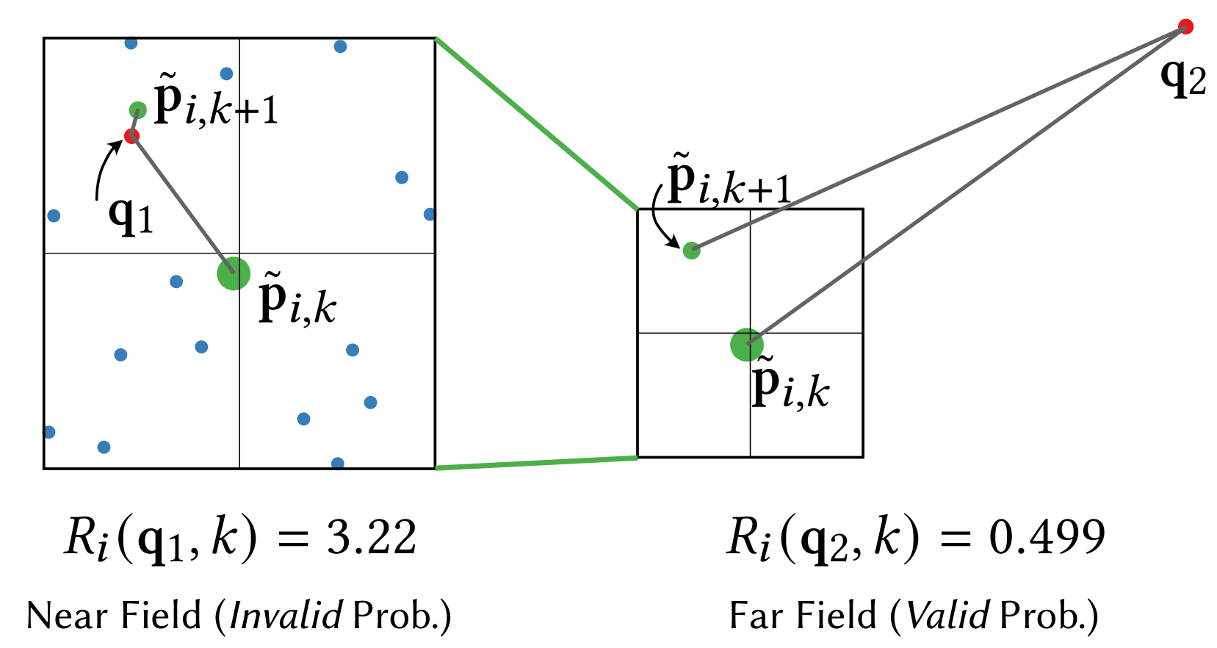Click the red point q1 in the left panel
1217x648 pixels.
[x=132, y=136]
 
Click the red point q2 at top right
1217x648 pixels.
[x=1185, y=27]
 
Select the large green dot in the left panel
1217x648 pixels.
[x=234, y=273]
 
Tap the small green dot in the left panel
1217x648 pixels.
[x=137, y=110]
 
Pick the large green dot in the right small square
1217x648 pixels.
[x=747, y=345]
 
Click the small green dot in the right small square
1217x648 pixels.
[x=691, y=251]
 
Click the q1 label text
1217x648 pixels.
[x=131, y=215]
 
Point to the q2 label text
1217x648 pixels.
[x=1179, y=77]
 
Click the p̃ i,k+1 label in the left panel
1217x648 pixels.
[x=216, y=101]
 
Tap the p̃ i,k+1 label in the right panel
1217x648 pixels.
[x=729, y=181]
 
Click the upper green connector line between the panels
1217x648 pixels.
[x=536, y=123]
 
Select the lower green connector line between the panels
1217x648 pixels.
[x=536, y=463]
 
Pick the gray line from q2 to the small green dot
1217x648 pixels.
[x=933, y=140]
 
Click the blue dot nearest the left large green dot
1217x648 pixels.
[x=176, y=281]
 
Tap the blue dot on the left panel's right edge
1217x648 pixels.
[x=429, y=215]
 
